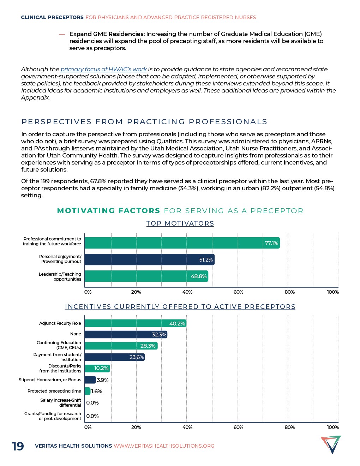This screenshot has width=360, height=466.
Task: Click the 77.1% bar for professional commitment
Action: (182, 243)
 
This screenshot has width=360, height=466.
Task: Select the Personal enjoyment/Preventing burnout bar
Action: (149, 259)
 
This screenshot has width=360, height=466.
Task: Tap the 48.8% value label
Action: (198, 276)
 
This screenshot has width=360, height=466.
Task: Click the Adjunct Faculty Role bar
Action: (135, 323)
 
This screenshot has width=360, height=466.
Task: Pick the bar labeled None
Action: (126, 334)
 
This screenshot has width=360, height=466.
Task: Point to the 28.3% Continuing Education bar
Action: (121, 346)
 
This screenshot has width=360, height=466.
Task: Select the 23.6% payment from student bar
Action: (114, 357)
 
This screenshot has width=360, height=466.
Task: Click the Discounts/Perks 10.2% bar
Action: (97, 368)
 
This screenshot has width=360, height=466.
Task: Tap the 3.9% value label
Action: (102, 380)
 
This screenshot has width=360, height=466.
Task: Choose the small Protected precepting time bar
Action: (88, 391)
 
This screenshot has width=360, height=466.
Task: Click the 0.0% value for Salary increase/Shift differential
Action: (92, 403)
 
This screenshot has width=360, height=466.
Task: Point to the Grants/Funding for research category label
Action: (53, 416)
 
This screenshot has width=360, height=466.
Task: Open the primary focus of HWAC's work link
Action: (103, 70)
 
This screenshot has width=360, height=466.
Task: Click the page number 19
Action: (18, 446)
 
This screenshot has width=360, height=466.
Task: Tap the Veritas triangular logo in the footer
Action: (331, 444)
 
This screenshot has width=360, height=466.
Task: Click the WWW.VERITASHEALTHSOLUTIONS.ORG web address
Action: (164, 446)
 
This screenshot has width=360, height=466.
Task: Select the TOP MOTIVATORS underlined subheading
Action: (180, 223)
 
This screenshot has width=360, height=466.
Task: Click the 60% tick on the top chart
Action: (238, 292)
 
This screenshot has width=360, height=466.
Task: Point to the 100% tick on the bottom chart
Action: (333, 428)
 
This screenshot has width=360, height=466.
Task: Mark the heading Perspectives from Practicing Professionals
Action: (144, 122)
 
